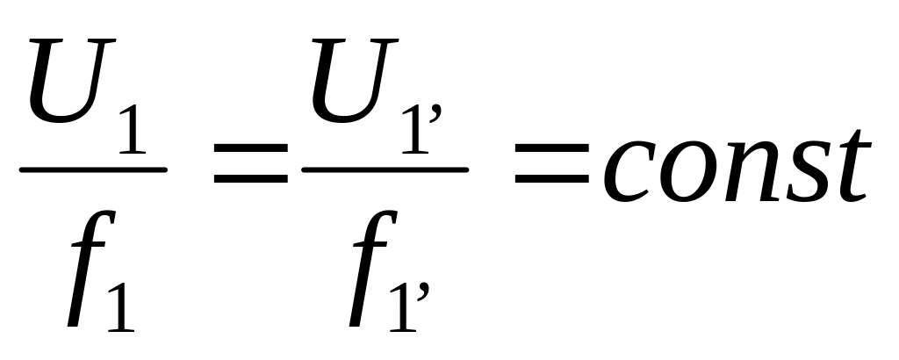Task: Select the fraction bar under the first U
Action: [x=92, y=169]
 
